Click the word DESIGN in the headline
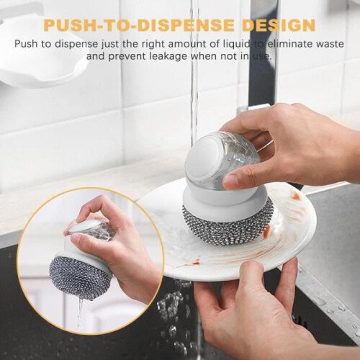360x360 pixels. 279,25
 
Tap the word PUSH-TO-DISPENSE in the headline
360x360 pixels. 140,25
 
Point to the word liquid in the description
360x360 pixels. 234,44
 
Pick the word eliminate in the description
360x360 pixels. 283,44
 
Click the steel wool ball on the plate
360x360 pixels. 228,221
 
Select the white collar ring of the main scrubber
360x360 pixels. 225,197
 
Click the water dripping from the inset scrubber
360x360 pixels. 80,312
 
